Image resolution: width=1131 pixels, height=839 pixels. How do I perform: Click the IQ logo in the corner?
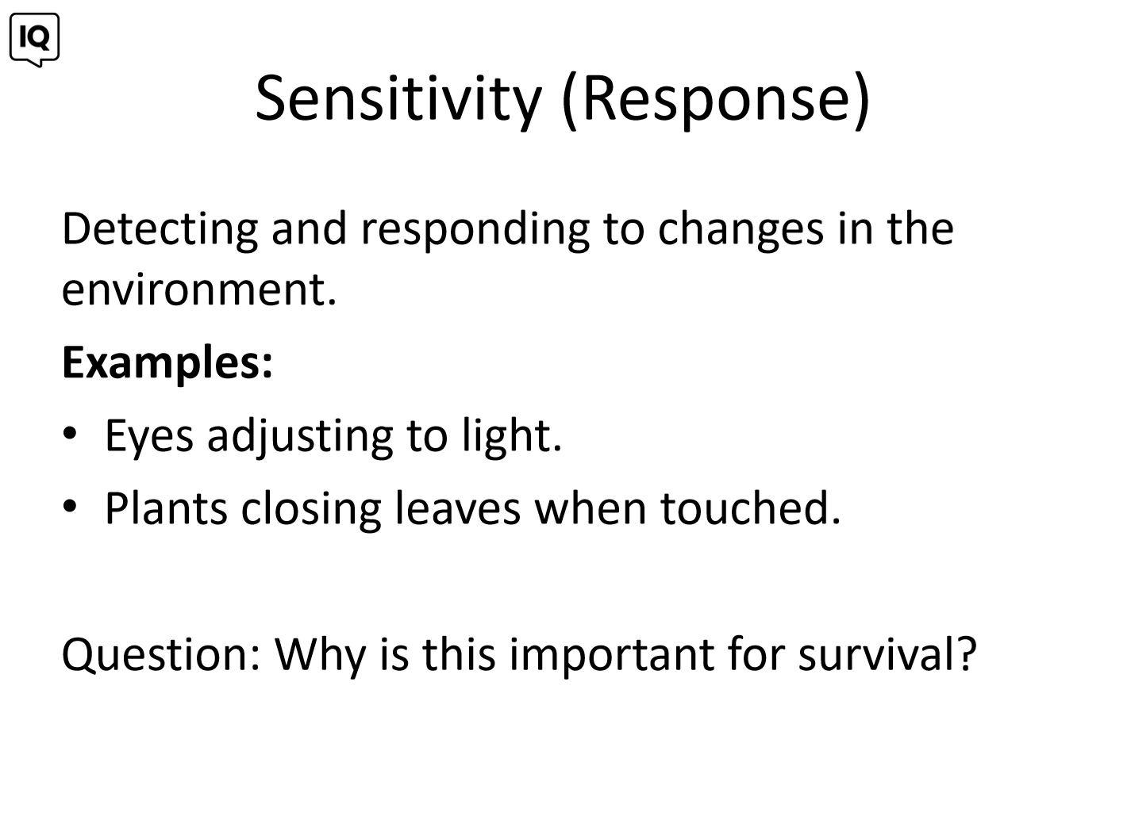coord(35,39)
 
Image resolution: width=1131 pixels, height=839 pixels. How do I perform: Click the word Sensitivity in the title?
coord(398,99)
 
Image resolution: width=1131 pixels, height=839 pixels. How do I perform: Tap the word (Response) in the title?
coord(716,100)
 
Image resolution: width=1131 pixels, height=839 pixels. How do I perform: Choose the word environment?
coord(199,290)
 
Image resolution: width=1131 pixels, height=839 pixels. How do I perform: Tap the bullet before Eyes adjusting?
coord(70,433)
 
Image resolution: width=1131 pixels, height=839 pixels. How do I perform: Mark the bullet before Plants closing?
coord(70,506)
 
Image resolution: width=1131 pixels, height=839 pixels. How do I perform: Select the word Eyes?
coord(149,437)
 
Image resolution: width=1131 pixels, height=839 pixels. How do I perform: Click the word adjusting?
coord(300,437)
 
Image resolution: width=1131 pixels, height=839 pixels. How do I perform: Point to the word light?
coord(511,437)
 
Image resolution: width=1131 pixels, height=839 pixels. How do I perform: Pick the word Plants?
coord(166,508)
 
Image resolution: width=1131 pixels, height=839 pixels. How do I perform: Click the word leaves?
coord(458,508)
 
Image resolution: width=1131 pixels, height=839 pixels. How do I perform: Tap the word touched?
coord(750,508)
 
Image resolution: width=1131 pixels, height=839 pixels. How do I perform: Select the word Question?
coord(161,656)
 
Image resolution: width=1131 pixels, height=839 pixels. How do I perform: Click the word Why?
coord(320,658)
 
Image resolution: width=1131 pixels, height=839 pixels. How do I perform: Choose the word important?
coord(612,657)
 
